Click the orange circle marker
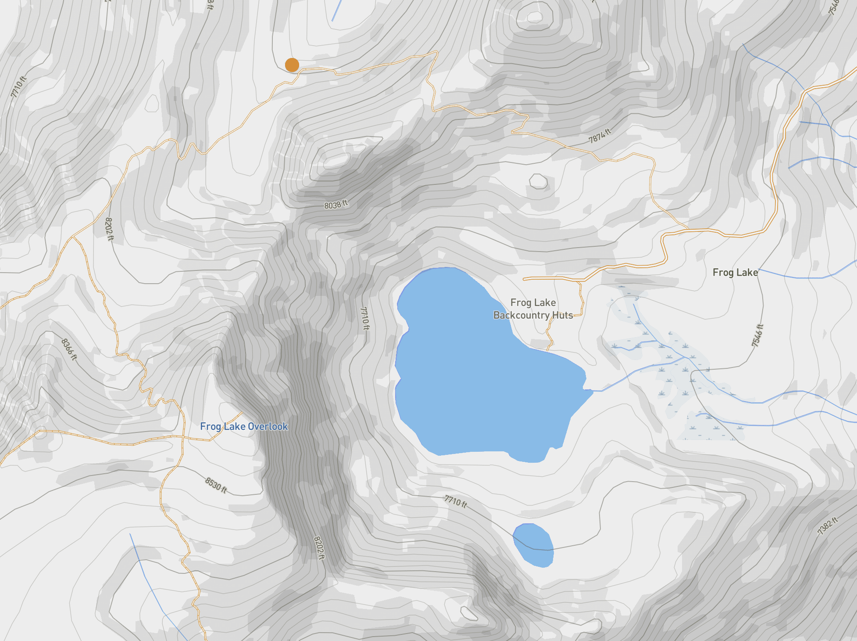[292, 65]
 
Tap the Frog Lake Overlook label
[244, 426]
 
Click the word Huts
[563, 315]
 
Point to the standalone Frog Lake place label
[735, 273]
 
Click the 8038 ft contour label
[336, 205]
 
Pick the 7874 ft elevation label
[600, 136]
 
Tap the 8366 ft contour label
[69, 349]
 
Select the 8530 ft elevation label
[216, 485]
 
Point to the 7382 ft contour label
[828, 526]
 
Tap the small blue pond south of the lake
[533, 544]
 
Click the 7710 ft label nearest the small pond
[456, 501]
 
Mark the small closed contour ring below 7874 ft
[538, 181]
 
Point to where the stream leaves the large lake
[592, 390]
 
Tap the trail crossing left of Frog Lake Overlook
[182, 436]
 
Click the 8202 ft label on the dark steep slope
[319, 548]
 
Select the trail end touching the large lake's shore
[548, 350]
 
